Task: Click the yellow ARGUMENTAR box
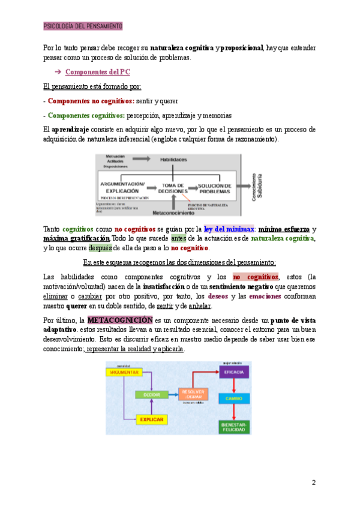[x=124, y=373]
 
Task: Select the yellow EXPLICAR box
[x=151, y=419]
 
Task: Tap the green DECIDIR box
[x=152, y=395]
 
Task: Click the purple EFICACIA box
[x=233, y=373]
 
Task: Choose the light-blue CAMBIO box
[x=234, y=399]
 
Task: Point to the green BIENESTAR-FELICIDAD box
[x=234, y=427]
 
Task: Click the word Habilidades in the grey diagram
[x=173, y=159]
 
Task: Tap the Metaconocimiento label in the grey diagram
[x=173, y=212]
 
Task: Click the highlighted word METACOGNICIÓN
[x=120, y=320]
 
